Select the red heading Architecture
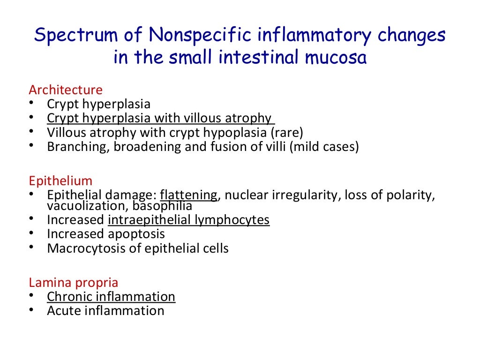(x=66, y=90)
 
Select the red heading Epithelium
(x=61, y=181)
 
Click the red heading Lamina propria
(x=74, y=283)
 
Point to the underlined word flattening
(x=189, y=195)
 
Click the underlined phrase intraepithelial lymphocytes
(x=189, y=219)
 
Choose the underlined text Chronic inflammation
(x=111, y=296)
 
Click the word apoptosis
(x=136, y=233)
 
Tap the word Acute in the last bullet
(x=64, y=310)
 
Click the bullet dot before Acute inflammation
(x=31, y=309)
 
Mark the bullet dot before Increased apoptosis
(x=31, y=232)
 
